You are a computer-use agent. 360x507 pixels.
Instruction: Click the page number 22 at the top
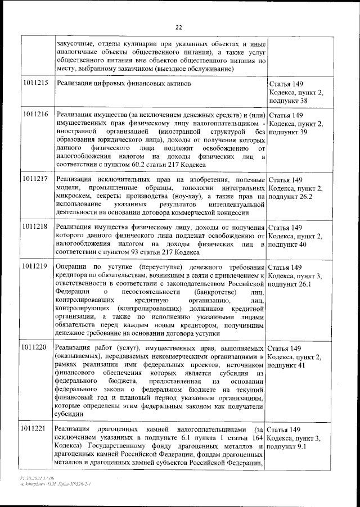179,27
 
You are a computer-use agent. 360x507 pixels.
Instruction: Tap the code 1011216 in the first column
35,114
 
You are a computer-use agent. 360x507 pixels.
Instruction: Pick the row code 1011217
35,179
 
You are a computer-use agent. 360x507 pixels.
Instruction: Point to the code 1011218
35,227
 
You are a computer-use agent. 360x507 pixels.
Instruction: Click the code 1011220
35,347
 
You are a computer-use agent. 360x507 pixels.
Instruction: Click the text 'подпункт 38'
289,101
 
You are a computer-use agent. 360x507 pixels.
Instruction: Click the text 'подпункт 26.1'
292,284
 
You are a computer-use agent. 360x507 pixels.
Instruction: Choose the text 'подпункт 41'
288,366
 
